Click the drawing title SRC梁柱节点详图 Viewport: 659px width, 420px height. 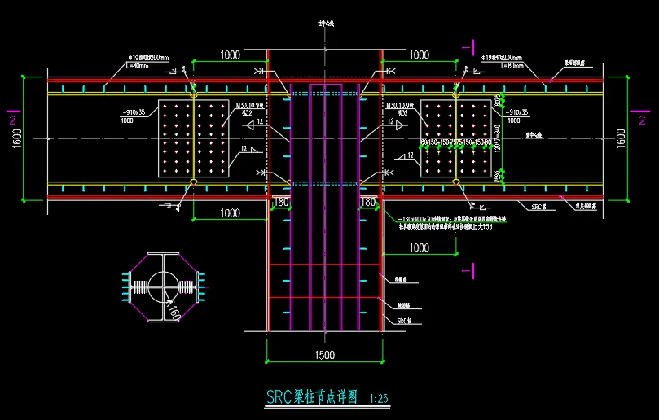(312, 397)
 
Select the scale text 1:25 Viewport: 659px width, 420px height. (379, 399)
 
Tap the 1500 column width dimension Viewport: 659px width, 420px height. (325, 356)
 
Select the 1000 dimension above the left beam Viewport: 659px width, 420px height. (231, 55)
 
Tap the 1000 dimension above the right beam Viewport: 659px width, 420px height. (419, 55)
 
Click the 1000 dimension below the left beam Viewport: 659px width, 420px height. (231, 212)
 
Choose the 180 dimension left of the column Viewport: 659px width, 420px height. (281, 202)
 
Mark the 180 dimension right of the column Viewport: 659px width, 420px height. (367, 202)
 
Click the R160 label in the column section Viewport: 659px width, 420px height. (174, 309)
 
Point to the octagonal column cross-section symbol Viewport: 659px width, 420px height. (163, 287)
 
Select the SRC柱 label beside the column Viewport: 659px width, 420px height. (402, 322)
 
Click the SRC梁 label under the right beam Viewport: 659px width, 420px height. (538, 208)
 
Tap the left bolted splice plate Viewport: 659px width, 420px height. (193, 138)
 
